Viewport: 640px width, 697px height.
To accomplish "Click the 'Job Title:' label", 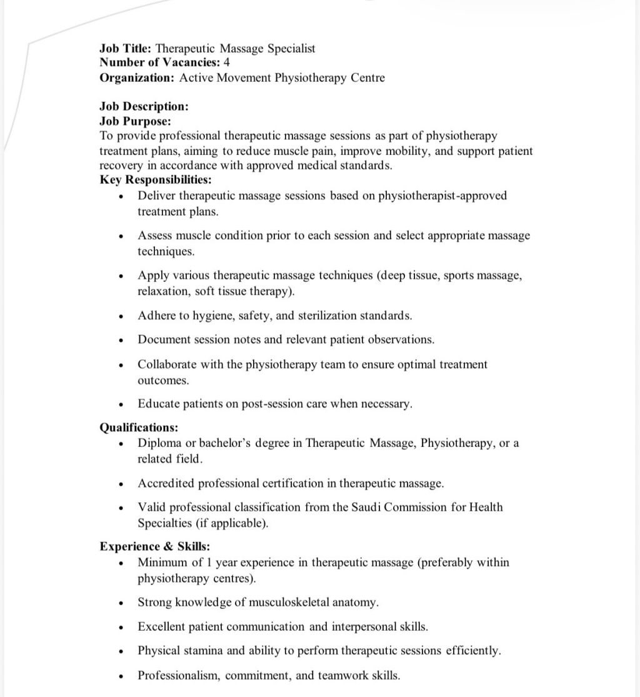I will coord(126,48).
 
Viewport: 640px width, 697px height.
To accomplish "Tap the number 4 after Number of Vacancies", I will coord(227,63).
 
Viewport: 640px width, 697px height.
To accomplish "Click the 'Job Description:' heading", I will coord(144,106).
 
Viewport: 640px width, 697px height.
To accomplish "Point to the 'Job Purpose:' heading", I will coord(135,121).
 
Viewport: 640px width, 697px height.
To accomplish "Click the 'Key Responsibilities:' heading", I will coord(156,180).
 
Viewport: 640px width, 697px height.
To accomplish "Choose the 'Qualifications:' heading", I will coord(139,428).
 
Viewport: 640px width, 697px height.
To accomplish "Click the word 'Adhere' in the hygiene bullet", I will coord(157,316).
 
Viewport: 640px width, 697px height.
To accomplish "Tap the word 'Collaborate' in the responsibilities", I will coord(167,364).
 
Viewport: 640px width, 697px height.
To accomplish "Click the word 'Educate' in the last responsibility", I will coord(159,404).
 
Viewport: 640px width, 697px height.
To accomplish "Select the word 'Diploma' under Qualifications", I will coord(159,443).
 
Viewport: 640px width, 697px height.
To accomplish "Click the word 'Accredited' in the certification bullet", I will coord(166,483).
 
